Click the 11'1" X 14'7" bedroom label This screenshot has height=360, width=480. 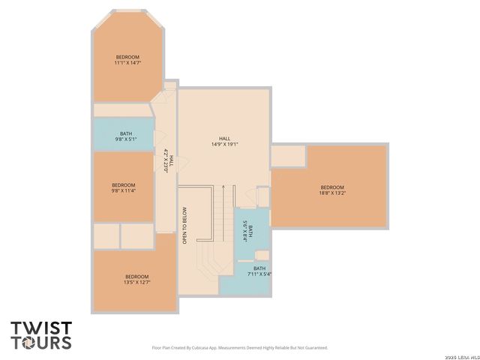127,61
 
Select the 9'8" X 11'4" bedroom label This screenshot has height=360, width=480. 123,188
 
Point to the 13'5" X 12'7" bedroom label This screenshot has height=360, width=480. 136,280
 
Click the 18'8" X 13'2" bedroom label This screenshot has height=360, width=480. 332,190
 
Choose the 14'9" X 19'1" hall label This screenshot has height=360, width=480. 224,142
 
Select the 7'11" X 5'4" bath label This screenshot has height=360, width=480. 259,271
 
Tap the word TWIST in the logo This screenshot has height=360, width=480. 41,328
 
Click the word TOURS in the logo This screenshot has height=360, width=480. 41,343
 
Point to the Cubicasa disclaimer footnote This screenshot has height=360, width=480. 240,348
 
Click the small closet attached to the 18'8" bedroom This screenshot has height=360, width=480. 288,156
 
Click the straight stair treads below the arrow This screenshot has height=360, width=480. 223,214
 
